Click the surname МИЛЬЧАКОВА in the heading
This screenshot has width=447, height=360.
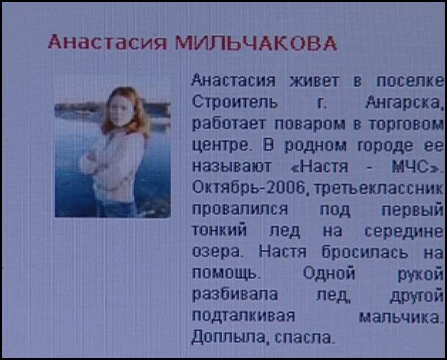256,43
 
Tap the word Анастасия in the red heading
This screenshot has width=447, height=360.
107,42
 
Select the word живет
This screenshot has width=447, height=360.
314,81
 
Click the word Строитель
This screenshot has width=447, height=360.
235,102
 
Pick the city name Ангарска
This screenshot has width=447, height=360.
404,103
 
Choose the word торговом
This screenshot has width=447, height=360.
406,125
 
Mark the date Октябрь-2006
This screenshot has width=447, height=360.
248,188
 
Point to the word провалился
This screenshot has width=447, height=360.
240,210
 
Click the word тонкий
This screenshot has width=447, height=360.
219,230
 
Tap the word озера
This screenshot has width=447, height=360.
216,252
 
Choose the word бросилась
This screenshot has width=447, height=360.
364,252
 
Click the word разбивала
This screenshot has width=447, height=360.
235,294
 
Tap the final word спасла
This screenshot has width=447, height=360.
303,338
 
